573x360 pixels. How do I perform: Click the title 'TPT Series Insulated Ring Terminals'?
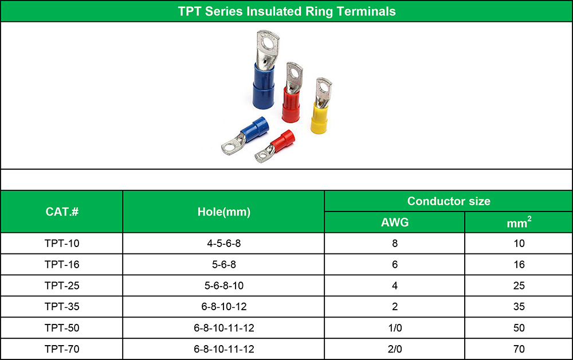[x=286, y=11]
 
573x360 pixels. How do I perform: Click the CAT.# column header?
[x=62, y=212]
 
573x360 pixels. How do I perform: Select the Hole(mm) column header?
[x=223, y=212]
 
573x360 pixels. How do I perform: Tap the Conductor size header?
[x=449, y=201]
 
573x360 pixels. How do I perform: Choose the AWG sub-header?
[x=395, y=222]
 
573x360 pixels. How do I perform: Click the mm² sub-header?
[x=519, y=222]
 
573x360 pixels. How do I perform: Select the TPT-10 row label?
[x=62, y=244]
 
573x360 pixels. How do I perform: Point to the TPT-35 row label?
[x=62, y=307]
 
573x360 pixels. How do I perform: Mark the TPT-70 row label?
[x=62, y=349]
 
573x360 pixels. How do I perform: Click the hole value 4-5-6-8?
[x=224, y=244]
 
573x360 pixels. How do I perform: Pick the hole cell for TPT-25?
[x=224, y=285]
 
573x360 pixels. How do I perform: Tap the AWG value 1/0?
[x=395, y=328]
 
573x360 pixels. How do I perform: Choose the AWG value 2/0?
[x=395, y=349]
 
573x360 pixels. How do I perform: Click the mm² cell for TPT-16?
[x=519, y=265]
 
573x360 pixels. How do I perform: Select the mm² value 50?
[x=519, y=328]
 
